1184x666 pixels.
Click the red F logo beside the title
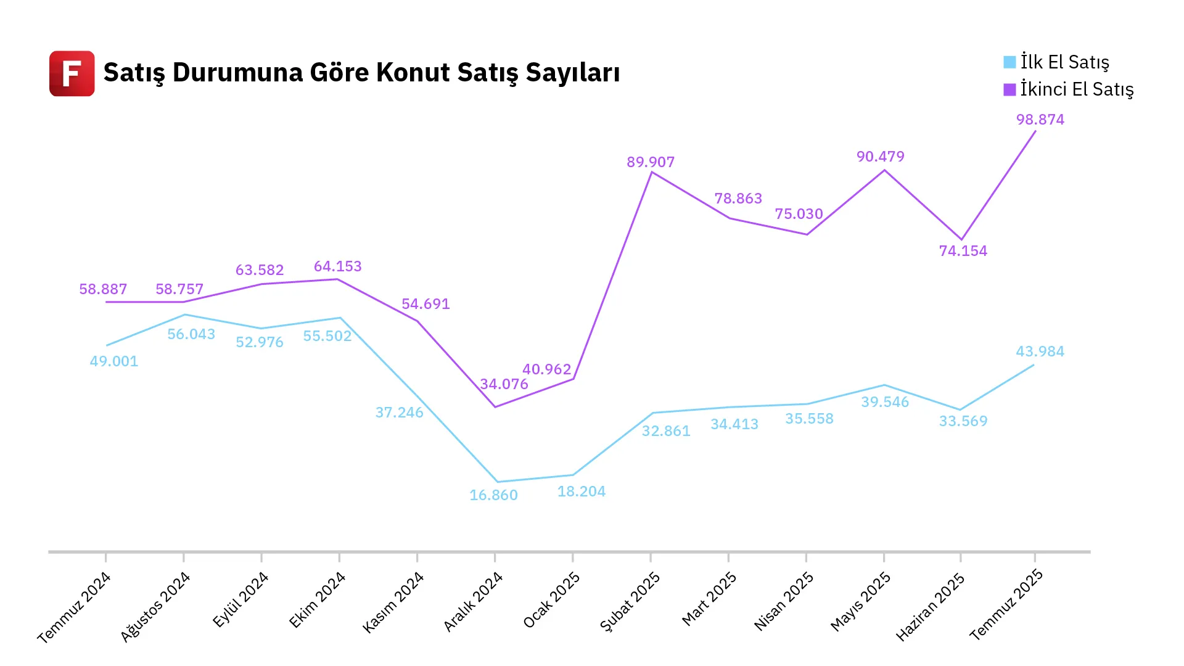(72, 73)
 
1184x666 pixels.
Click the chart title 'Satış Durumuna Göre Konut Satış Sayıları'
(361, 73)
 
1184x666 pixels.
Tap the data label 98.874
(1040, 120)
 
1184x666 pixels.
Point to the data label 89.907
(651, 162)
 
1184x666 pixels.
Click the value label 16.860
(493, 495)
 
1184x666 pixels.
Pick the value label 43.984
(1040, 351)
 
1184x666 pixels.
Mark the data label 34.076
(504, 384)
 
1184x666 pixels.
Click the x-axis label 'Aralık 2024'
(474, 602)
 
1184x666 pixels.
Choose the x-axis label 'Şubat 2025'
(630, 602)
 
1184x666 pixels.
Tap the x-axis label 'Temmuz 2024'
(74, 607)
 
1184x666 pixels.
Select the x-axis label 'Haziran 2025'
(930, 607)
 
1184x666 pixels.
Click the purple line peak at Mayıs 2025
(884, 170)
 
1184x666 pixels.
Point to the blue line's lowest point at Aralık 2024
(497, 482)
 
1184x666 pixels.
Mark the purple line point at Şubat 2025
(652, 173)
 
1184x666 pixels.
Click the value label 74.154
(963, 251)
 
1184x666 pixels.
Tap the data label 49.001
(114, 361)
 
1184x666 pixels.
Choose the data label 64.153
(337, 266)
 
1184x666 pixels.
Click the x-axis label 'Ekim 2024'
(317, 600)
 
